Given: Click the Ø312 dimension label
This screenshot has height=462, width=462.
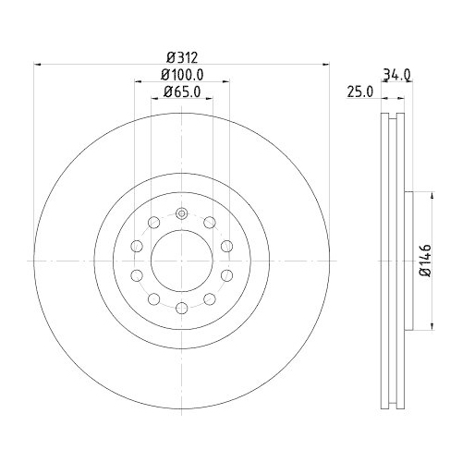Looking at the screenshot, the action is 182,57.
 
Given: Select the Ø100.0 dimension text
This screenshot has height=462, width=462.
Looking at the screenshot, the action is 182,74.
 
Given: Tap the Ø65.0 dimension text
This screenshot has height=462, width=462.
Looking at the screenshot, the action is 182,91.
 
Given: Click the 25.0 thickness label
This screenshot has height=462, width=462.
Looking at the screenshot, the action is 360,91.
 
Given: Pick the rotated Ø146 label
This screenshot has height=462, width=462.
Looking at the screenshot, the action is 427,261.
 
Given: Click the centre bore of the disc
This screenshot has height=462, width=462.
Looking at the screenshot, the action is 182,261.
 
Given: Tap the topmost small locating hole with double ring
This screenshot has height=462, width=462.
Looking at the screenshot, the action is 182,213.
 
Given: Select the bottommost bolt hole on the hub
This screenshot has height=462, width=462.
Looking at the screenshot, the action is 182,308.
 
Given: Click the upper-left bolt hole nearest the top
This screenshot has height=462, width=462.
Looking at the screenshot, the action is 153,223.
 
